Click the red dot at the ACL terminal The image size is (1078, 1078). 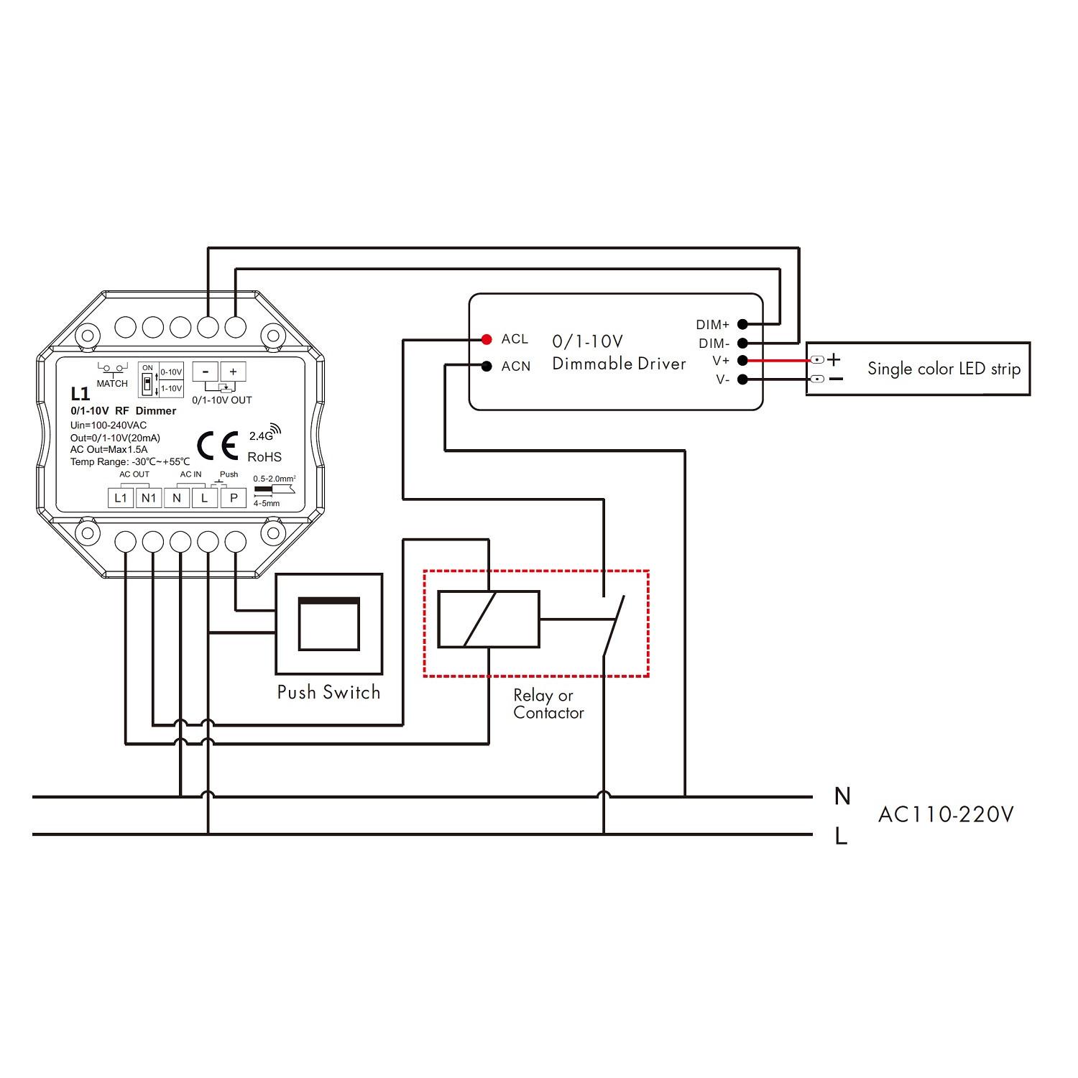point(487,338)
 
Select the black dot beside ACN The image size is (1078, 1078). point(487,366)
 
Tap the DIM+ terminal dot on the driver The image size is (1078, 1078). point(742,325)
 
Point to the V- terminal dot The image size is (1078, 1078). point(742,379)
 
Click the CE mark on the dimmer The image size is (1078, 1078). point(217,446)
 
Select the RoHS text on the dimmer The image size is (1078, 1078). point(264,457)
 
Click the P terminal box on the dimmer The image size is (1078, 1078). point(233,497)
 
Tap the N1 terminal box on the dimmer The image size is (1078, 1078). point(149,497)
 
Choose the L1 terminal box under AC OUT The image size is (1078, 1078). point(121,497)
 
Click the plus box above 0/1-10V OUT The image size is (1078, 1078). point(233,372)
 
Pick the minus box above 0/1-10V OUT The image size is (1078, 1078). point(206,372)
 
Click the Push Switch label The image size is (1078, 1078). point(328,692)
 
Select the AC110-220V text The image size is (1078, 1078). point(946,814)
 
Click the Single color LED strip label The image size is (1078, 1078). point(944,369)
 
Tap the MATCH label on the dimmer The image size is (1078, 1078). point(112,384)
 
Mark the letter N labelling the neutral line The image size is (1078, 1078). point(842,796)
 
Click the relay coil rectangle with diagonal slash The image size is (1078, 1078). point(489,619)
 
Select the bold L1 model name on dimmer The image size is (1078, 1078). point(80,394)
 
